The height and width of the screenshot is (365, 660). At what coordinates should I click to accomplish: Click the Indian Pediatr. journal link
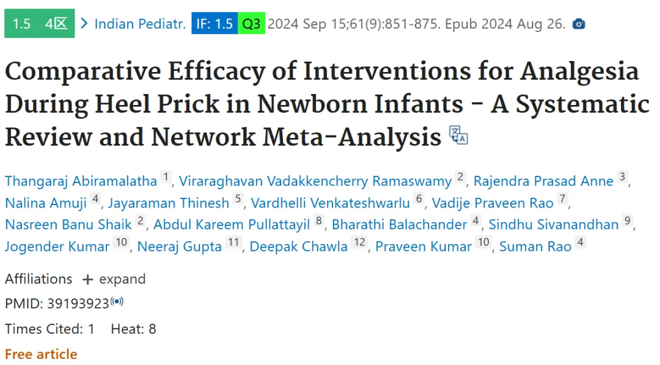click(140, 24)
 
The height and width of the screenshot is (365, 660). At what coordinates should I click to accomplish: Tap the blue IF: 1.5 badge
click(215, 24)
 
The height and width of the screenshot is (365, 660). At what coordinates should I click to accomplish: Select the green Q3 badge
click(251, 24)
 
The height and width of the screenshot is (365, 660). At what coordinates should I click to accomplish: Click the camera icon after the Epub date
click(579, 24)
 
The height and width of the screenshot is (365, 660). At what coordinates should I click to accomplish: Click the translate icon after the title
click(458, 135)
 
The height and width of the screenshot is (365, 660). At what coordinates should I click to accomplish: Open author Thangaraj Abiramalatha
click(81, 181)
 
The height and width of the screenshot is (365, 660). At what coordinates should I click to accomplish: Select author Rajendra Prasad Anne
click(543, 181)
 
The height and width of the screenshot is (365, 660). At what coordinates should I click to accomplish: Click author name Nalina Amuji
click(45, 203)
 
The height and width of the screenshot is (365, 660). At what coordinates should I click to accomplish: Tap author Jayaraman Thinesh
click(169, 203)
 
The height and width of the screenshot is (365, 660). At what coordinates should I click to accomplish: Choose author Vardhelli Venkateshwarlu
click(331, 203)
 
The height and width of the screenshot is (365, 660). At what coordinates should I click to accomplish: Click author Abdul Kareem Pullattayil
click(232, 225)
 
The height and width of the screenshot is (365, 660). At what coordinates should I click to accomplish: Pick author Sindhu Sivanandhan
click(554, 225)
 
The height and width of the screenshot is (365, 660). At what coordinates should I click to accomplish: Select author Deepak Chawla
click(298, 247)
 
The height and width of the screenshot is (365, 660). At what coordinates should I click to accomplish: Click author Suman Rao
click(535, 247)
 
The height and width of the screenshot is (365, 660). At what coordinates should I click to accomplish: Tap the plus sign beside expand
click(87, 280)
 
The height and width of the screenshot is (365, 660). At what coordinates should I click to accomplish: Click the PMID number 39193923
click(78, 303)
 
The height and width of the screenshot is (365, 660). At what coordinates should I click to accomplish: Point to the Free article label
click(42, 354)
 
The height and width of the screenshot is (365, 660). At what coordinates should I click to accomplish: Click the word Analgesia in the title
click(579, 71)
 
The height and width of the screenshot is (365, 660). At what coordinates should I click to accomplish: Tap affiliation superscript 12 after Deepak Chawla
click(359, 242)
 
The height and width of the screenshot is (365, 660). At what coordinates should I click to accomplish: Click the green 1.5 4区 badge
click(40, 24)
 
